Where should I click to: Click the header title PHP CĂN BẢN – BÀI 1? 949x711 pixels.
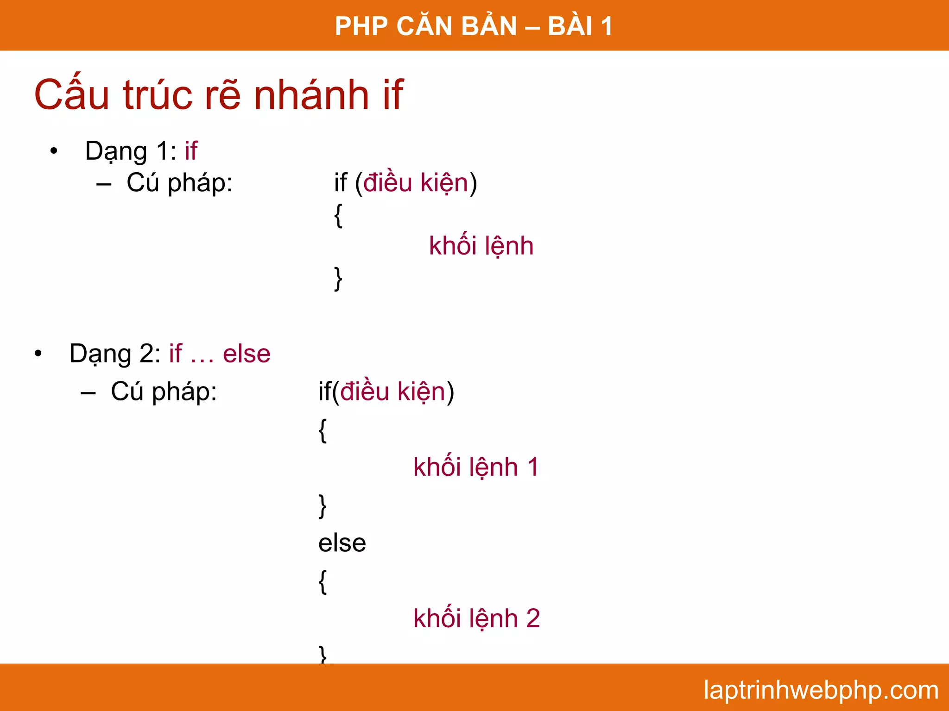pyautogui.click(x=474, y=26)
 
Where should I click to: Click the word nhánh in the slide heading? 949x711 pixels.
pyautogui.click(x=311, y=95)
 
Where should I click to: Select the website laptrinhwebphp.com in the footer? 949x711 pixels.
pyautogui.click(x=821, y=690)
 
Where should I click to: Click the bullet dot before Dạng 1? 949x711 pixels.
pyautogui.click(x=54, y=151)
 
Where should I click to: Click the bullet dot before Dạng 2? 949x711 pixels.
pyautogui.click(x=38, y=354)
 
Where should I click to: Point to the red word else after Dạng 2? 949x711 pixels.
pyautogui.click(x=247, y=354)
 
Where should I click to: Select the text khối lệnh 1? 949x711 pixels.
pyautogui.click(x=476, y=467)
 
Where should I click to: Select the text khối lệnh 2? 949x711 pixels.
pyautogui.click(x=476, y=618)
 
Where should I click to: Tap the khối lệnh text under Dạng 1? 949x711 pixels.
pyautogui.click(x=481, y=245)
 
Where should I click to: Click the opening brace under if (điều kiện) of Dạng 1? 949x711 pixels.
pyautogui.click(x=338, y=215)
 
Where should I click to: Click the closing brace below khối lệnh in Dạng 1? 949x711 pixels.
pyautogui.click(x=338, y=278)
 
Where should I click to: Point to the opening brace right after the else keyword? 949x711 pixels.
pyautogui.click(x=323, y=581)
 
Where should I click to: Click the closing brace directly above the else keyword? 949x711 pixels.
pyautogui.click(x=323, y=505)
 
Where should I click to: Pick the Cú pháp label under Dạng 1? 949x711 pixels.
pyautogui.click(x=179, y=182)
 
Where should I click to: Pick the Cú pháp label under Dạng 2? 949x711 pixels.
pyautogui.click(x=164, y=392)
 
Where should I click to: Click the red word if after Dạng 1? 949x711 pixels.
pyautogui.click(x=191, y=151)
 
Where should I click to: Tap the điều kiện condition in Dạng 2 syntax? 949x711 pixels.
pyautogui.click(x=393, y=392)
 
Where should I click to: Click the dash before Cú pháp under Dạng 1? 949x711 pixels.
pyautogui.click(x=104, y=184)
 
